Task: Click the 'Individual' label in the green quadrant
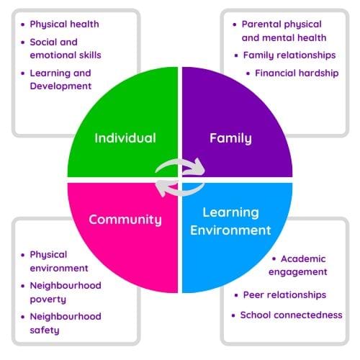coord(125,138)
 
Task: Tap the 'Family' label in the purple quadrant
coord(230,139)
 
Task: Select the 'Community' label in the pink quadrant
coord(125,220)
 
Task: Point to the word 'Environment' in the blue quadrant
coord(230,230)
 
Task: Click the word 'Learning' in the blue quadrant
coord(230,212)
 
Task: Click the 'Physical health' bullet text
coord(64,24)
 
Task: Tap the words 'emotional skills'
coord(66,55)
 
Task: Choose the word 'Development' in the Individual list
coord(60,86)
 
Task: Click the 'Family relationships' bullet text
coord(289,55)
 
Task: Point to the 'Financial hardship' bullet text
coord(297,73)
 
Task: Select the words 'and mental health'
coord(284,38)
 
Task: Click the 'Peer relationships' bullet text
coord(284,295)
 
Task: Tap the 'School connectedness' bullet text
coord(292,315)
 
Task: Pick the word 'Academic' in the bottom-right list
coord(303,259)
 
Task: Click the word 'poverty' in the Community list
coord(48,300)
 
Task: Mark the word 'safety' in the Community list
coord(45,330)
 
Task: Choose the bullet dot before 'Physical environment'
coord(23,255)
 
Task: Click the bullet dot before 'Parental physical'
coord(235,24)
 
